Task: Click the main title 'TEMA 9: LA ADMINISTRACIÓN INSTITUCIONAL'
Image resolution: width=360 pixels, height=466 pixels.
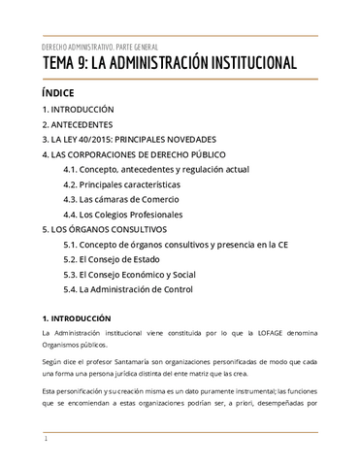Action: (170, 64)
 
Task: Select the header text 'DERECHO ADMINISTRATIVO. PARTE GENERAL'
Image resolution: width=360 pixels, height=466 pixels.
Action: (107, 47)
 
